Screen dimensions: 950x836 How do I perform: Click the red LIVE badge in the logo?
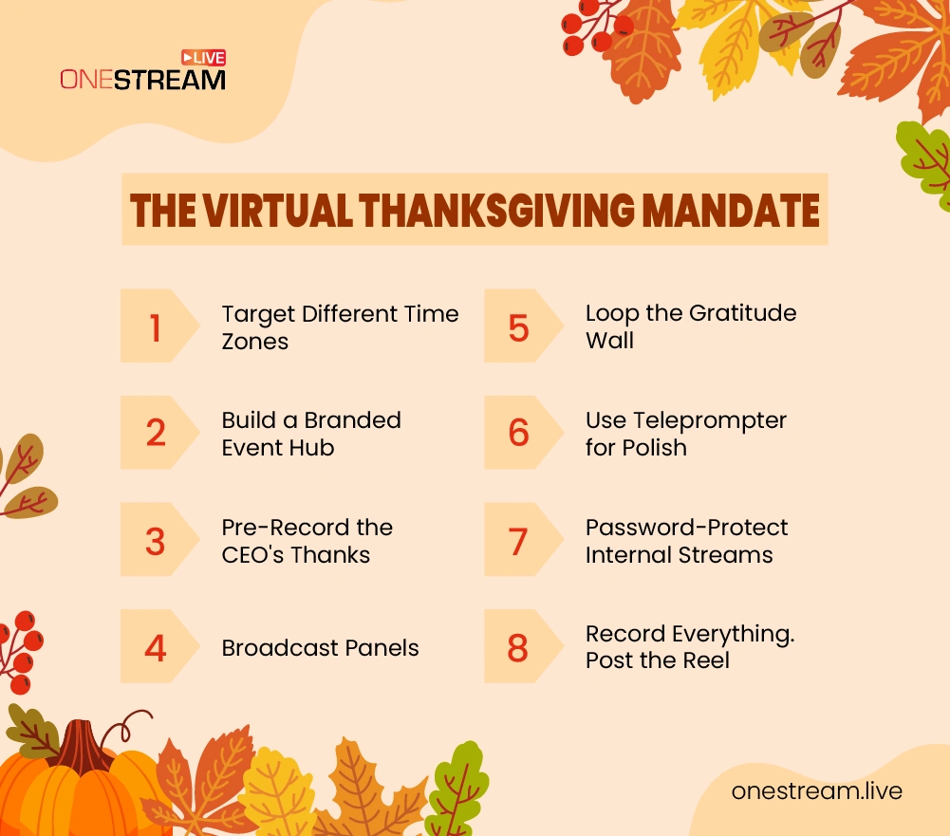coord(203,58)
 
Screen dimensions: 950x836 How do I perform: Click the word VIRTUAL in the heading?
coord(278,211)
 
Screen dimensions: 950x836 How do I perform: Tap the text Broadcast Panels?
coord(320,647)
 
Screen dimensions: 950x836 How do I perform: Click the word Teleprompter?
coord(710,421)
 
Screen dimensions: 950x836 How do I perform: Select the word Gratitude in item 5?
coord(743,313)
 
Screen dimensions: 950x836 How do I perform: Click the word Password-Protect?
coord(686,528)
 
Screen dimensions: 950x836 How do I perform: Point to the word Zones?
coord(255,341)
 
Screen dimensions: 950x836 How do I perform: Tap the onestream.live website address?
coord(817,791)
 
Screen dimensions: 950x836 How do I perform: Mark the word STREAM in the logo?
coord(170,80)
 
